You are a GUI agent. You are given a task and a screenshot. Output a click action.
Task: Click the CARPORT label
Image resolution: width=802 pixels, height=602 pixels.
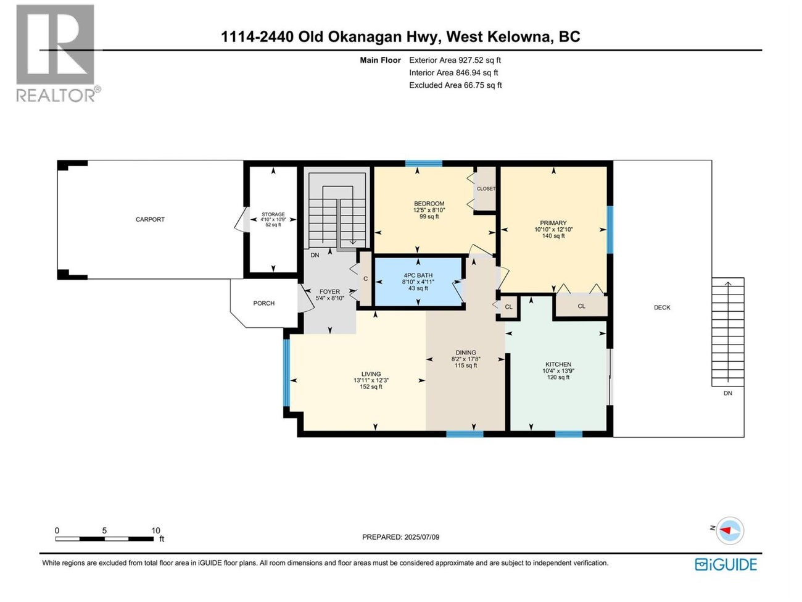(150, 219)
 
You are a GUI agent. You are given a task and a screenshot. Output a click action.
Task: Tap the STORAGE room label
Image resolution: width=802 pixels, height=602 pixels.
(273, 214)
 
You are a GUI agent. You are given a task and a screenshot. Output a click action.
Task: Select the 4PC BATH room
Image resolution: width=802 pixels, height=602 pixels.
(418, 282)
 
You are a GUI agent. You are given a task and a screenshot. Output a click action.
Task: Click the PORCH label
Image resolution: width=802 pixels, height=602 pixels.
(263, 303)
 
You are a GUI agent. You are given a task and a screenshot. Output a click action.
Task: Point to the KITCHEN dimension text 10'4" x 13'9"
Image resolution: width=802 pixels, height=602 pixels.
(558, 371)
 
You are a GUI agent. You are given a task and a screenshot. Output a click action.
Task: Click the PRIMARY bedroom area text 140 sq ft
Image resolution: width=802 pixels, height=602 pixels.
(553, 236)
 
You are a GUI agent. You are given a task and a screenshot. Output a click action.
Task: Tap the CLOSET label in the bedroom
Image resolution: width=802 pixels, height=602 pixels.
(486, 189)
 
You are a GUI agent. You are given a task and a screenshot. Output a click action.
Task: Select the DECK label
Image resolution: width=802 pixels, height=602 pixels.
(662, 307)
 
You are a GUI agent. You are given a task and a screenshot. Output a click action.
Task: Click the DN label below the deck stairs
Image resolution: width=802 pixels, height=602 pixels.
(728, 393)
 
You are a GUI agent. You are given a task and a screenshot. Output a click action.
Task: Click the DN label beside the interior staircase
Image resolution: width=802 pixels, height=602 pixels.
(315, 255)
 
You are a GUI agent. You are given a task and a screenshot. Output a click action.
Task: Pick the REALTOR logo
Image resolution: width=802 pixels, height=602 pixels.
(56, 53)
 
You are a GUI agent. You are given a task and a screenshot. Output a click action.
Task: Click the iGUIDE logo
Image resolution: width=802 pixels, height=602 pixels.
(726, 564)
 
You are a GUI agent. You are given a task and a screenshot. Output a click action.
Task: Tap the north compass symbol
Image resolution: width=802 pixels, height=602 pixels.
(730, 530)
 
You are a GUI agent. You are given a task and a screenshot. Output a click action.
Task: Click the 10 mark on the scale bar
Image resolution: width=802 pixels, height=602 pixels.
(155, 530)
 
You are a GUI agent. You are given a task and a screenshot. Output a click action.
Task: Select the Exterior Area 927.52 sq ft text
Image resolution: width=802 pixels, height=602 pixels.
(455, 61)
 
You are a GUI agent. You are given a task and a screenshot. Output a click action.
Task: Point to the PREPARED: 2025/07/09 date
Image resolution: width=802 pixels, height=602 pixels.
(400, 537)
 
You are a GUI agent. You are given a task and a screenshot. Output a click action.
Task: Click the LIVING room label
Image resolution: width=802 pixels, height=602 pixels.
(371, 374)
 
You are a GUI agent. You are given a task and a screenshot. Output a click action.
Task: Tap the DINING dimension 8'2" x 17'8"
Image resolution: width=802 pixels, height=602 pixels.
(466, 359)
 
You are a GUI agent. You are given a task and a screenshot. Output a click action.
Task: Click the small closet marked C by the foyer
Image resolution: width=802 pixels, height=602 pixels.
(365, 279)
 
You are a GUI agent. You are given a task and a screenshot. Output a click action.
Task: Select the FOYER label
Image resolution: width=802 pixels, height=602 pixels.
(329, 291)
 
